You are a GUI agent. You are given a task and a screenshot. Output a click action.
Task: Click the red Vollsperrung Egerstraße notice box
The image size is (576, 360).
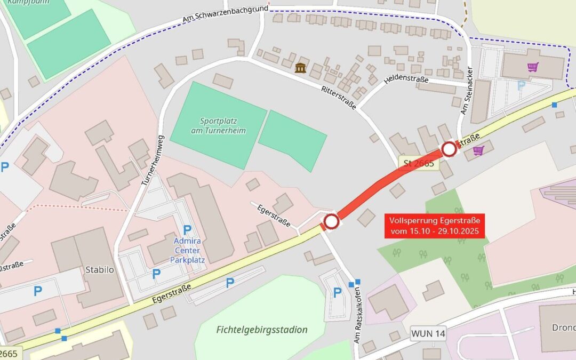(435, 226)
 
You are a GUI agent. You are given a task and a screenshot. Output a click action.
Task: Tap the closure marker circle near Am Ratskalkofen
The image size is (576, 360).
(331, 221)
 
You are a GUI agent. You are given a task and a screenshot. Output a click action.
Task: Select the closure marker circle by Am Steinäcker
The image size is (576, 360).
(449, 149)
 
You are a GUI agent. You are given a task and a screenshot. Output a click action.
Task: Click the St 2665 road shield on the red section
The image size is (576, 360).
(419, 163)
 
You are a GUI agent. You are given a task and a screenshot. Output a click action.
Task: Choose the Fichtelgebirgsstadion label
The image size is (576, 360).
(262, 330)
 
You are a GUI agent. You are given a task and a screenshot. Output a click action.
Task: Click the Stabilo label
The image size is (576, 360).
(100, 270)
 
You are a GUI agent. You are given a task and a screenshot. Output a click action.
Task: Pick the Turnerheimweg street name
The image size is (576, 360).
(153, 160)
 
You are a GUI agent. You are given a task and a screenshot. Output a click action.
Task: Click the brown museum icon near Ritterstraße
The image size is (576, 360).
(300, 68)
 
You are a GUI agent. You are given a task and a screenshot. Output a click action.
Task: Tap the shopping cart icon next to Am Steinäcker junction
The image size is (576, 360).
(478, 150)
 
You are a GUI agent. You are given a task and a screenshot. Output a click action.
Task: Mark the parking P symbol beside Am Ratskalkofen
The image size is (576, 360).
(337, 292)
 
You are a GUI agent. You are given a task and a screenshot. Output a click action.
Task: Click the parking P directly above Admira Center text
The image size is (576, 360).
(187, 230)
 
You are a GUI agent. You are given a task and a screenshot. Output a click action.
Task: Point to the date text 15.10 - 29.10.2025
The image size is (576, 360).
(435, 231)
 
